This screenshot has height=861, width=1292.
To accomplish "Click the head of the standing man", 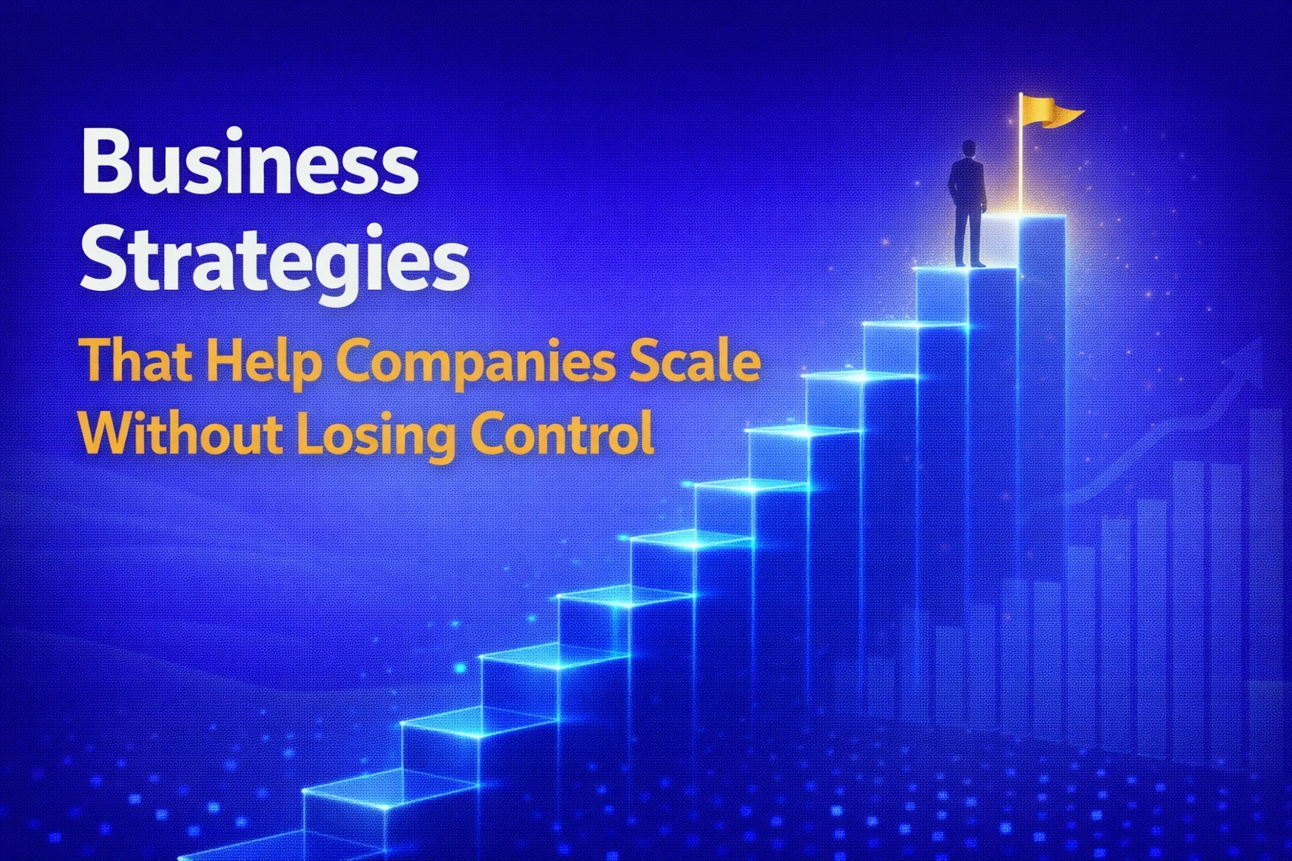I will pyautogui.click(x=968, y=149).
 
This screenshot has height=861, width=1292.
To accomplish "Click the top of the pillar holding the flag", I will pyautogui.click(x=1042, y=220).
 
